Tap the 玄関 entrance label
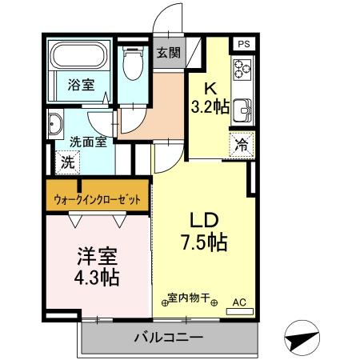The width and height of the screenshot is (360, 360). (168, 54)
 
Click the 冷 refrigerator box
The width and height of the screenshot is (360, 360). (240, 145)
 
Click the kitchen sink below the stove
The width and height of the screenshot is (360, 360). (242, 110)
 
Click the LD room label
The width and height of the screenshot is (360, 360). (205, 219)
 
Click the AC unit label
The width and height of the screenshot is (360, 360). (238, 302)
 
